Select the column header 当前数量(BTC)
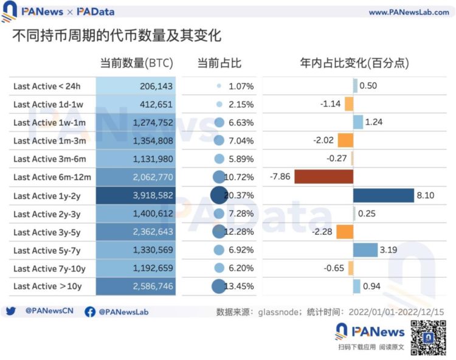pyautogui.click(x=136, y=63)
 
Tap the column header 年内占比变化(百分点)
pyautogui.click(x=354, y=63)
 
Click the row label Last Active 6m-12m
pyautogui.click(x=52, y=177)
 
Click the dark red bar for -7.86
pyautogui.click(x=317, y=177)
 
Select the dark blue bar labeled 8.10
pyautogui.click(x=383, y=195)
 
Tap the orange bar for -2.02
pyautogui.click(x=344, y=140)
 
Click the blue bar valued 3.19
pyautogui.click(x=365, y=250)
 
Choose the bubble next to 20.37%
pyautogui.click(x=218, y=195)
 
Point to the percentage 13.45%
pyautogui.click(x=241, y=286)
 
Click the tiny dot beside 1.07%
pyautogui.click(x=219, y=86)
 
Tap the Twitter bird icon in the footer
pyautogui.click(x=11, y=311)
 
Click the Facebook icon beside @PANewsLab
pyautogui.click(x=90, y=311)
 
